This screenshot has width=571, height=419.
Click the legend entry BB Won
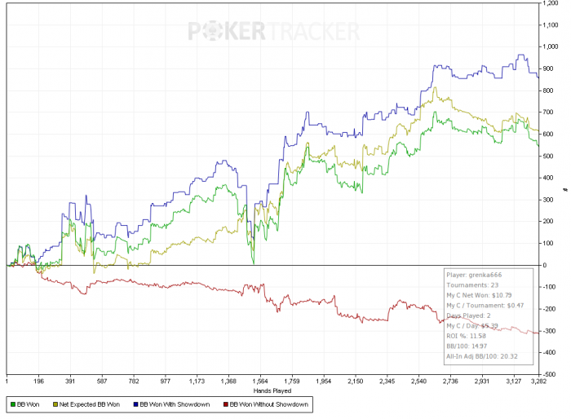[27, 404]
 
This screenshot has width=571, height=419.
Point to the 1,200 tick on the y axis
[551, 3]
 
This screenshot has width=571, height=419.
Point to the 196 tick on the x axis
[38, 381]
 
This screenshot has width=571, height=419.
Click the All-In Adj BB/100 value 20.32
[506, 356]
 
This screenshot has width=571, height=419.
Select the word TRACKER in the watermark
[312, 31]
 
